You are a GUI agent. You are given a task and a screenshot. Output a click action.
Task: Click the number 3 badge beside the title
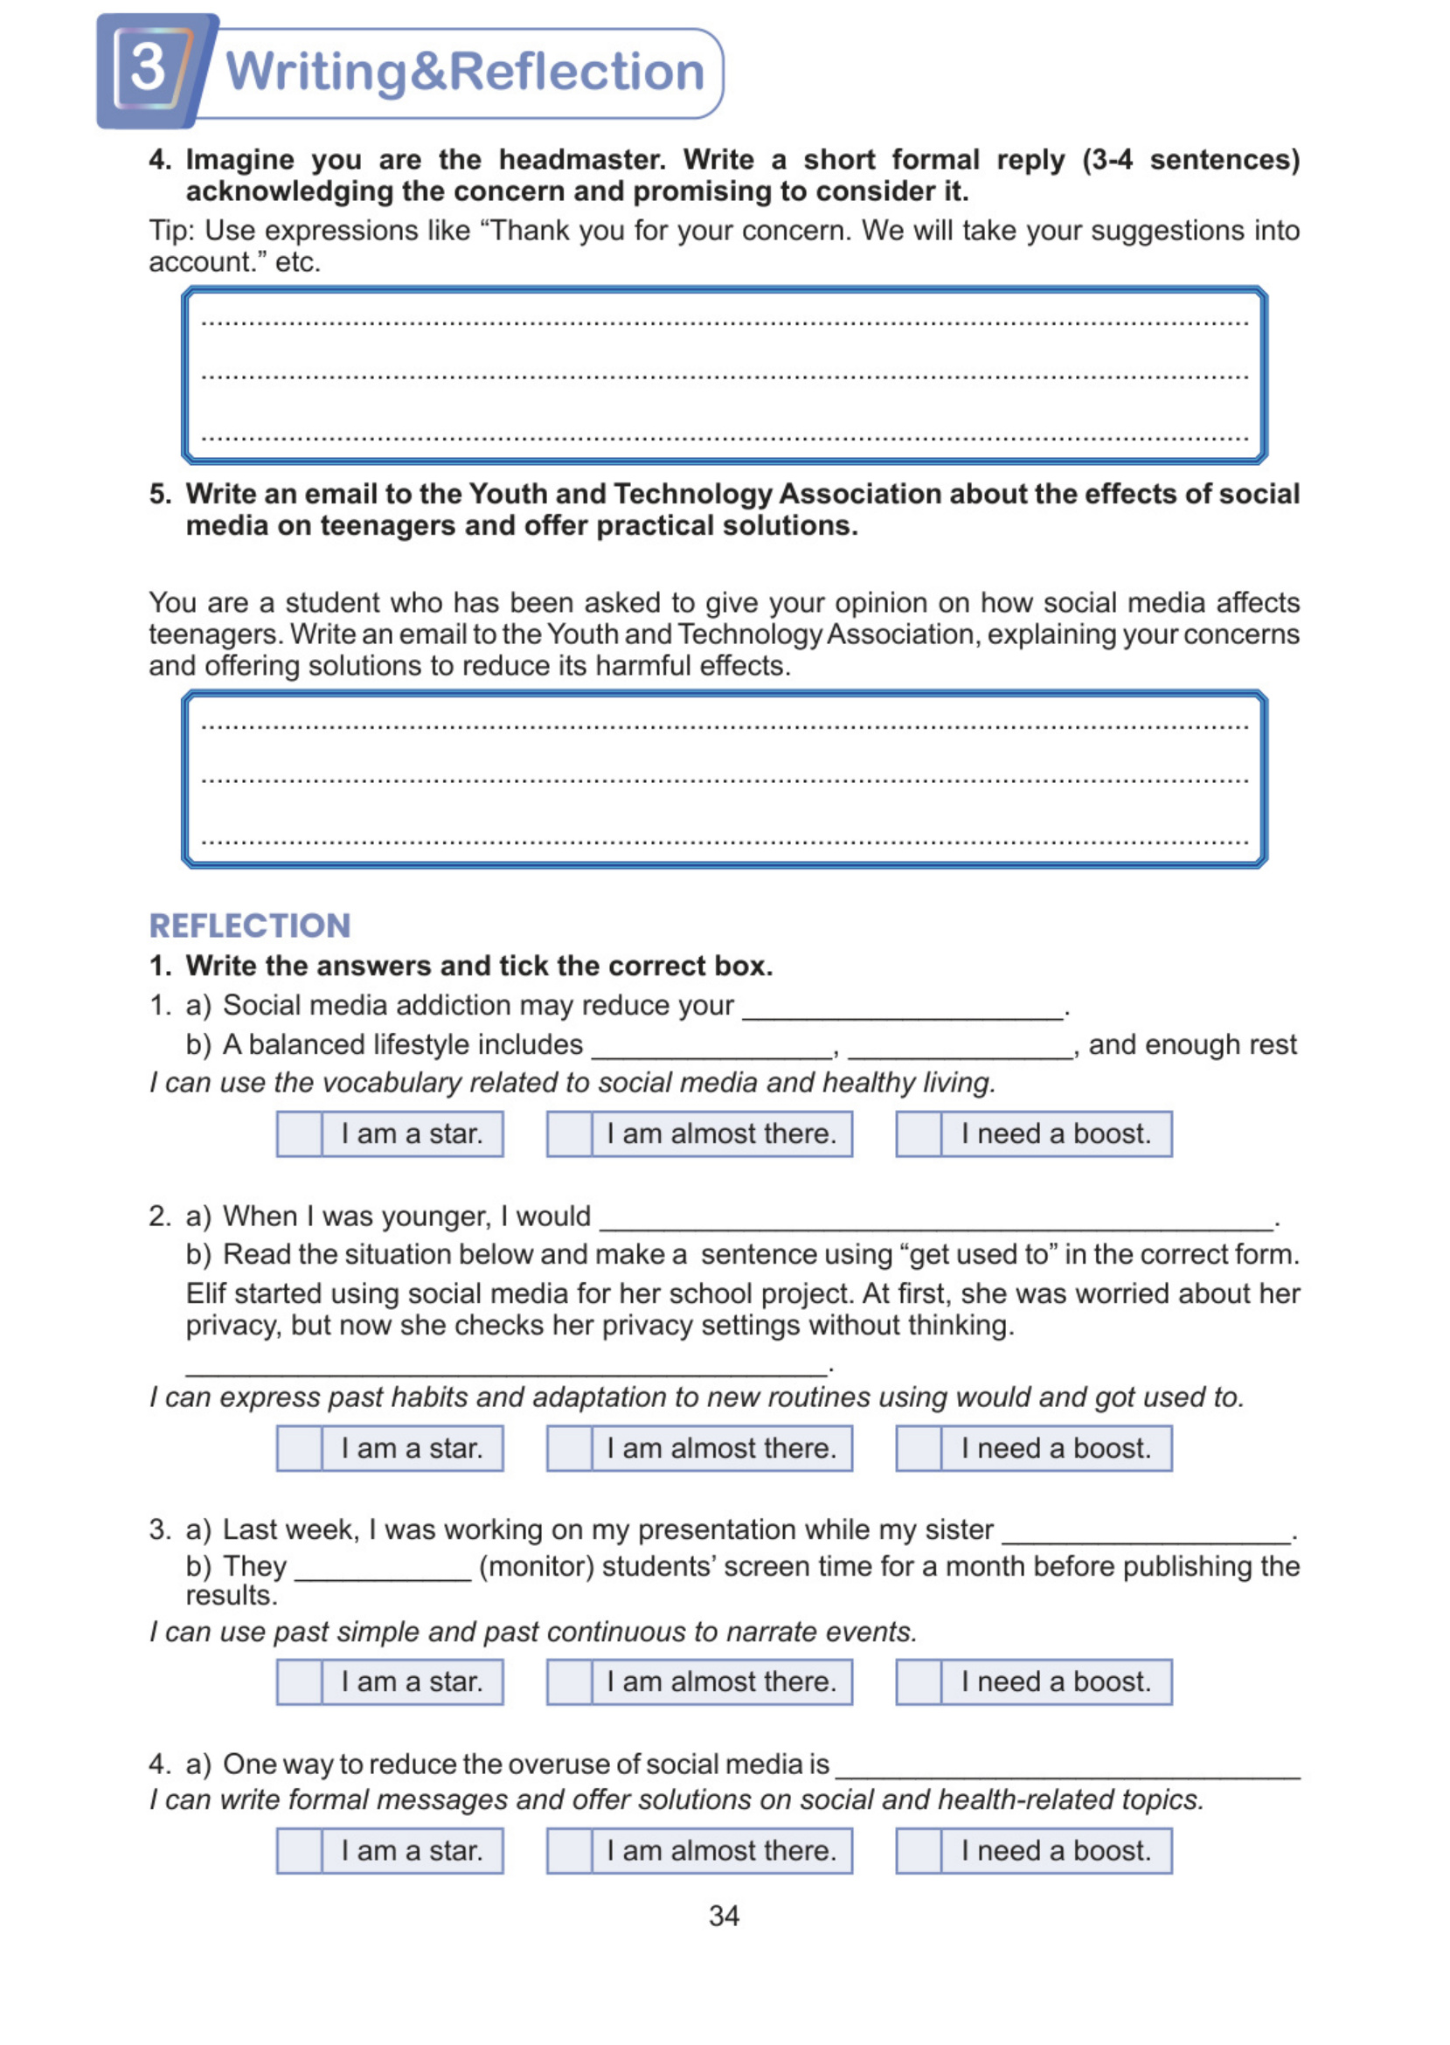[149, 69]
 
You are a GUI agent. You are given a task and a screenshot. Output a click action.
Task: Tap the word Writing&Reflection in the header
[464, 72]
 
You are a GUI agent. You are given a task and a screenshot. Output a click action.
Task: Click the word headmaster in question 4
[580, 160]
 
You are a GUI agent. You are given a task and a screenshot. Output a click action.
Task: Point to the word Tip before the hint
[170, 231]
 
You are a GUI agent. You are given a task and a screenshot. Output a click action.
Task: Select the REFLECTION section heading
[249, 925]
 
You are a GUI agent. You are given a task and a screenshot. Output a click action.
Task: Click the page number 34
[723, 1916]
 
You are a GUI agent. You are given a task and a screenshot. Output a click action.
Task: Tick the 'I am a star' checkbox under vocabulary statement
[299, 1133]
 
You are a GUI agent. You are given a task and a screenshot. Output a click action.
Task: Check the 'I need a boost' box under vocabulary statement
[918, 1133]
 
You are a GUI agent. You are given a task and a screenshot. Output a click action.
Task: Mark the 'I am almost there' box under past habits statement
[569, 1448]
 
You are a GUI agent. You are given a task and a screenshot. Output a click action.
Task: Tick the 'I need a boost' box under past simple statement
[918, 1681]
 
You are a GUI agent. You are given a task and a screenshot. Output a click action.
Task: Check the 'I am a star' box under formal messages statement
[299, 1850]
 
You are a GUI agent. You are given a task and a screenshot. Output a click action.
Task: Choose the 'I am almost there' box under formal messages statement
[569, 1850]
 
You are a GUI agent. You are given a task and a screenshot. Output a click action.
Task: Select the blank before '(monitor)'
[382, 1571]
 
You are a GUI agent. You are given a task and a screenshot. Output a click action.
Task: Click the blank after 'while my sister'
[1147, 1534]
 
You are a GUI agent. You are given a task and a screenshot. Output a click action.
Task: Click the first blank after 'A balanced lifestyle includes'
[711, 1048]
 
